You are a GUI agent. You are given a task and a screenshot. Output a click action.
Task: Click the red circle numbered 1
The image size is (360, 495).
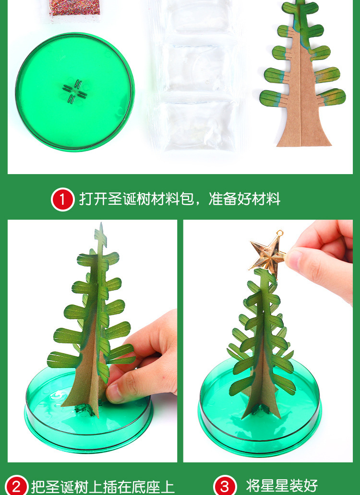[62, 199]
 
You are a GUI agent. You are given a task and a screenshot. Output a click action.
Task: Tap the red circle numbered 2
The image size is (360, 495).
[16, 486]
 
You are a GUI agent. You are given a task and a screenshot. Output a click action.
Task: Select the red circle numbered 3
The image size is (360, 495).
[225, 486]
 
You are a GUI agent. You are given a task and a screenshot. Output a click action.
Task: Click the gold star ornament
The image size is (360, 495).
[267, 254]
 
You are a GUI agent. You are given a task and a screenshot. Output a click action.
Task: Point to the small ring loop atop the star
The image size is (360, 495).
[279, 234]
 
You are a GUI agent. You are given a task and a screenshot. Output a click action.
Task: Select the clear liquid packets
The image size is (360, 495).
[197, 76]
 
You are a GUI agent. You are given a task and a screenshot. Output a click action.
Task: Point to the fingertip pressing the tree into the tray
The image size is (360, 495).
[114, 395]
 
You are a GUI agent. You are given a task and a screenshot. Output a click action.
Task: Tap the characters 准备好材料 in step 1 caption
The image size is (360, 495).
[244, 200]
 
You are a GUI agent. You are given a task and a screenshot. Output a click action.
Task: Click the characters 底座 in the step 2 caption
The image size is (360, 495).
[145, 486]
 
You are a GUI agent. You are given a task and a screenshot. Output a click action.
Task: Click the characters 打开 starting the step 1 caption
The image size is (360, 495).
[86, 200]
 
